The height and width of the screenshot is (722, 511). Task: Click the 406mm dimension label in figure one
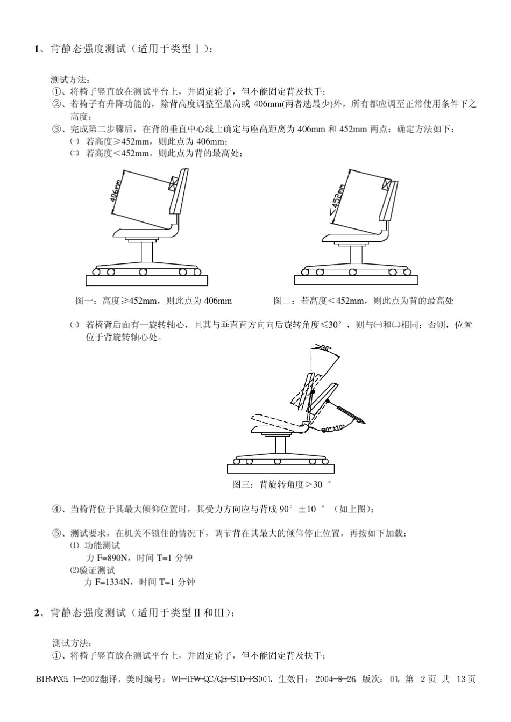click(x=116, y=188)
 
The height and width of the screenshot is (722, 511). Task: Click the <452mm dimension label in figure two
click(x=337, y=199)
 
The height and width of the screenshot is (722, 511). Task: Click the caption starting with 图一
click(x=153, y=301)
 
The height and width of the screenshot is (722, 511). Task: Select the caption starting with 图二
click(x=363, y=301)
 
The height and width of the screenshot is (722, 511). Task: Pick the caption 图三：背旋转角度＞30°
click(x=282, y=484)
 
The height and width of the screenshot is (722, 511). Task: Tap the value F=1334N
click(x=113, y=582)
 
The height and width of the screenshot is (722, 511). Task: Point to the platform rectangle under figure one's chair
click(x=146, y=280)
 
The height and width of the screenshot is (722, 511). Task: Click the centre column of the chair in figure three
click(x=280, y=445)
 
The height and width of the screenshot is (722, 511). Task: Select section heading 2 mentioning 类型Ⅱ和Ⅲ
click(x=134, y=613)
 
